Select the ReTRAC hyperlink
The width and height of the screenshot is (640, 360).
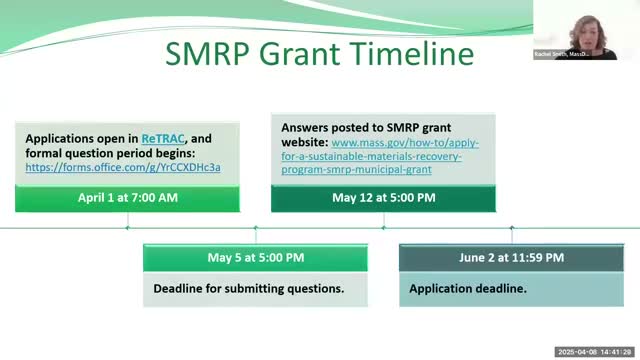click(x=162, y=138)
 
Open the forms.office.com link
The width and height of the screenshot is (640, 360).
click(x=123, y=166)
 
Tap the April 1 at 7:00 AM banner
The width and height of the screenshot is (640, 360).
click(x=127, y=198)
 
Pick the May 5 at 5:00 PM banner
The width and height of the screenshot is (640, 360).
click(x=255, y=257)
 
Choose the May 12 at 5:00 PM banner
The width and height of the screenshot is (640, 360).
click(x=383, y=198)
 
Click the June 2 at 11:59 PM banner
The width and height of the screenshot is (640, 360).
click(x=511, y=257)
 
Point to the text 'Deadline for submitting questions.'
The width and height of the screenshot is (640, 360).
click(x=248, y=288)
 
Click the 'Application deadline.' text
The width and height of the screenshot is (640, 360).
click(x=468, y=288)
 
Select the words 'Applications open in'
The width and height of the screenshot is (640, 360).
click(x=82, y=138)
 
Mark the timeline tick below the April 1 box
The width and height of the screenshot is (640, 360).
click(x=127, y=227)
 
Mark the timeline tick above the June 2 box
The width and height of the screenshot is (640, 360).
click(x=511, y=228)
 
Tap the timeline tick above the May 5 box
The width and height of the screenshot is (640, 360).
click(x=255, y=228)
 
